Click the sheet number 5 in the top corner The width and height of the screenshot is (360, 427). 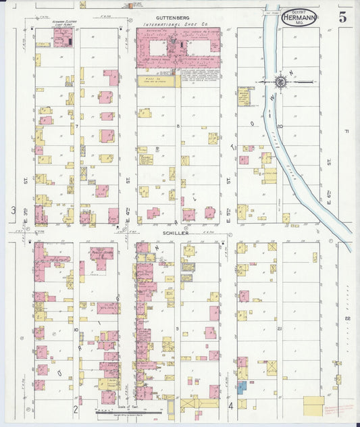click(342, 18)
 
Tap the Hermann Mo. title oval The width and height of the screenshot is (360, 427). click(297, 17)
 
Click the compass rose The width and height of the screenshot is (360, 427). click(280, 82)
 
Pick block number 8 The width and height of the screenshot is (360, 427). click(178, 126)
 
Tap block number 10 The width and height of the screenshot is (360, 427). click(76, 330)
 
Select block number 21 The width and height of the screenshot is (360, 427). click(279, 328)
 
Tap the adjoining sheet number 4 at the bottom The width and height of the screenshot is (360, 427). click(230, 406)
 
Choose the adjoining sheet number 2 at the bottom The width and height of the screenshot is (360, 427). click(76, 409)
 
